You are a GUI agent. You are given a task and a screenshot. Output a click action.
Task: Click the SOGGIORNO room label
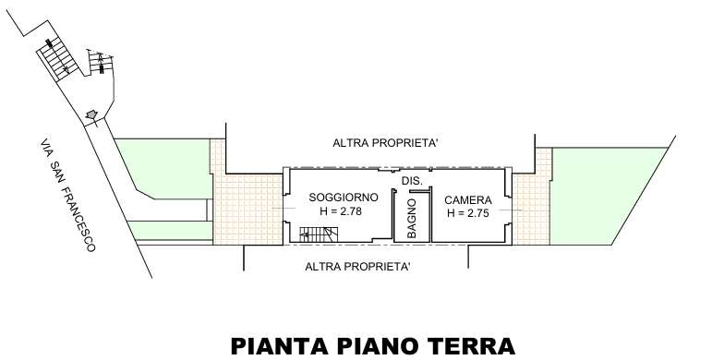tap(344, 198)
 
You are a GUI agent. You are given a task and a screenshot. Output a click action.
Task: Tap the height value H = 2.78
tap(340, 212)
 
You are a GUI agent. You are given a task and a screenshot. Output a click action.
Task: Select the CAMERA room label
tap(467, 200)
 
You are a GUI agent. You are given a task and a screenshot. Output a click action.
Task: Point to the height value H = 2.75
tap(467, 213)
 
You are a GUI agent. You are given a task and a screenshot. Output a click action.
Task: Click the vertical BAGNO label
tap(412, 219)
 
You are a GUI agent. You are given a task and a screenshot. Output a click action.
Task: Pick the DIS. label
tap(412, 181)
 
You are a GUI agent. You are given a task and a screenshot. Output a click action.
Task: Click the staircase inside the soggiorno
tap(319, 234)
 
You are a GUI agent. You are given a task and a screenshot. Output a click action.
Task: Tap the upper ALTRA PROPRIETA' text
tap(385, 143)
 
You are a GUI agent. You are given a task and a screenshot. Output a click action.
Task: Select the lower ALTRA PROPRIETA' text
tap(358, 267)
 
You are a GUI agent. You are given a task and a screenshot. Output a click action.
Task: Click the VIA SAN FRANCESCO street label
tap(68, 196)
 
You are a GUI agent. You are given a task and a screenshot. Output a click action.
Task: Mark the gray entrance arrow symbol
tap(92, 114)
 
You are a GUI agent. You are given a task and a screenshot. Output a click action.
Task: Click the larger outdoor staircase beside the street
tap(58, 59)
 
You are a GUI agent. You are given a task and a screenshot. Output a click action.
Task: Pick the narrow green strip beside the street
tap(170, 231)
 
